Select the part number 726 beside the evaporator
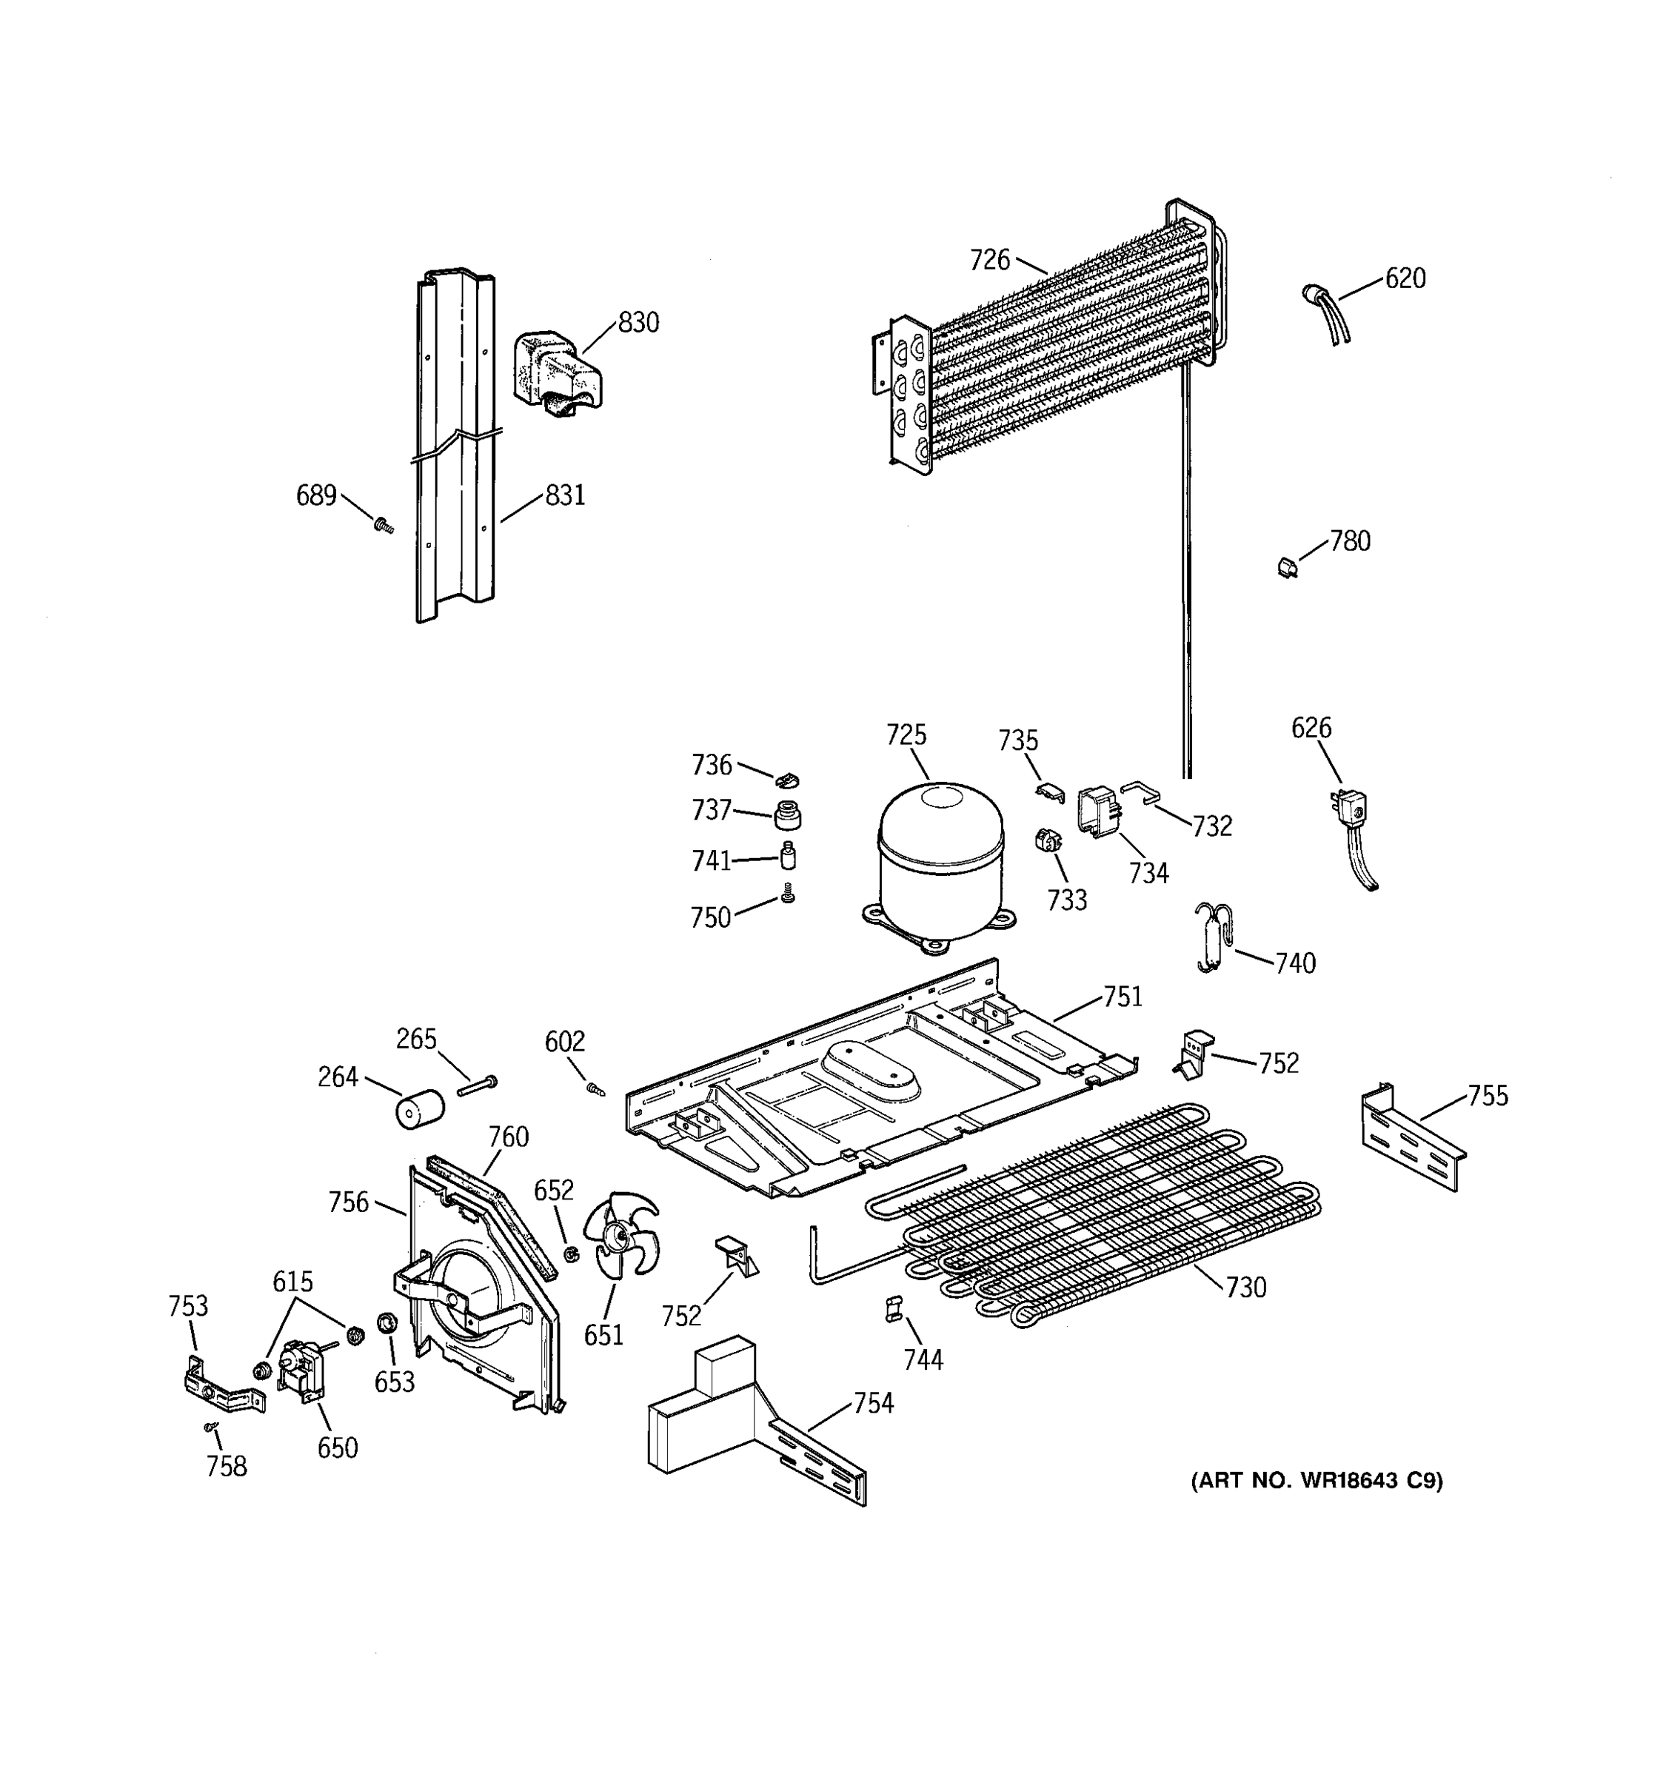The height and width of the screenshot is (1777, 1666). (989, 260)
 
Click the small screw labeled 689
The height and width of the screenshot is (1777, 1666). (384, 525)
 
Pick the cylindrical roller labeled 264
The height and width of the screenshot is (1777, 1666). (419, 1109)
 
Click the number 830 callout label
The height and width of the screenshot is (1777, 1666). (638, 323)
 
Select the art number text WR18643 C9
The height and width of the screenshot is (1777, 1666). (1317, 1481)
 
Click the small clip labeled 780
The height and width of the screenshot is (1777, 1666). (1287, 566)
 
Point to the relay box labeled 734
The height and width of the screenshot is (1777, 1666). (1097, 811)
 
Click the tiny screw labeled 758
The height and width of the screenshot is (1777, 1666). (211, 1428)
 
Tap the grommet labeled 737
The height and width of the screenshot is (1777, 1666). (786, 814)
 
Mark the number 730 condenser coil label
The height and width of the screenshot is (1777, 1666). (1246, 1287)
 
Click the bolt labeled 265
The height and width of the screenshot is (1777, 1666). (476, 1086)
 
